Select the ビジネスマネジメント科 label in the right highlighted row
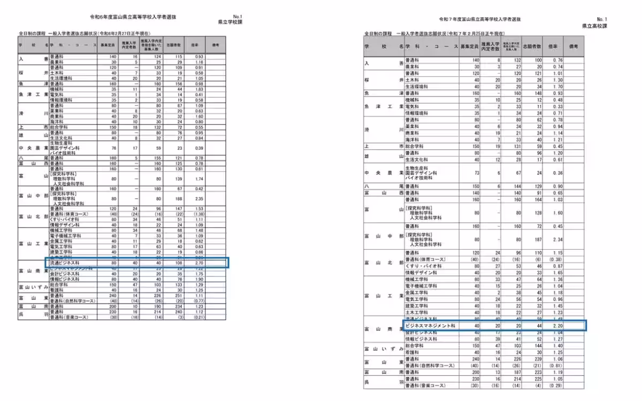(430, 325)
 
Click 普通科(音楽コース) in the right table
(430, 385)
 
